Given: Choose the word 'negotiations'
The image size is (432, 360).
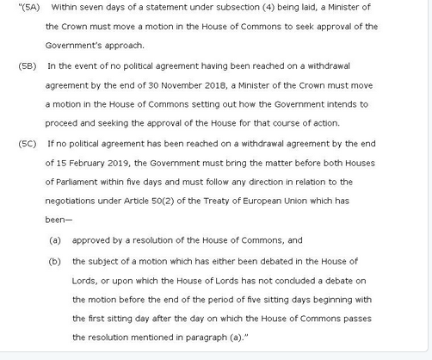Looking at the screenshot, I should click(x=73, y=201).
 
